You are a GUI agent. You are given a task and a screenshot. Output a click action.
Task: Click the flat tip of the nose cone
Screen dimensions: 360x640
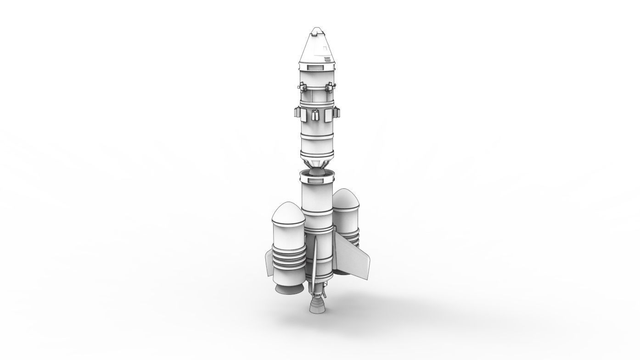coord(316,31)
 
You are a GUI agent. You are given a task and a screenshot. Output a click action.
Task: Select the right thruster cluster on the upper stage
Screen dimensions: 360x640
coord(329,86)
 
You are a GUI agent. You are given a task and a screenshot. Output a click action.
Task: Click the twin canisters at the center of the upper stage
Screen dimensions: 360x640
coord(315,114)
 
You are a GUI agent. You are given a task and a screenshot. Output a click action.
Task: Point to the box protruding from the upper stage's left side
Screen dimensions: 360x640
coord(296,112)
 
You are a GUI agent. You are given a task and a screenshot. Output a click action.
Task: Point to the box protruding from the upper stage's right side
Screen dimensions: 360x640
coord(337,111)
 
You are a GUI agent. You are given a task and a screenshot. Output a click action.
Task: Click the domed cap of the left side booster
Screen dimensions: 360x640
coord(288,213)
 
